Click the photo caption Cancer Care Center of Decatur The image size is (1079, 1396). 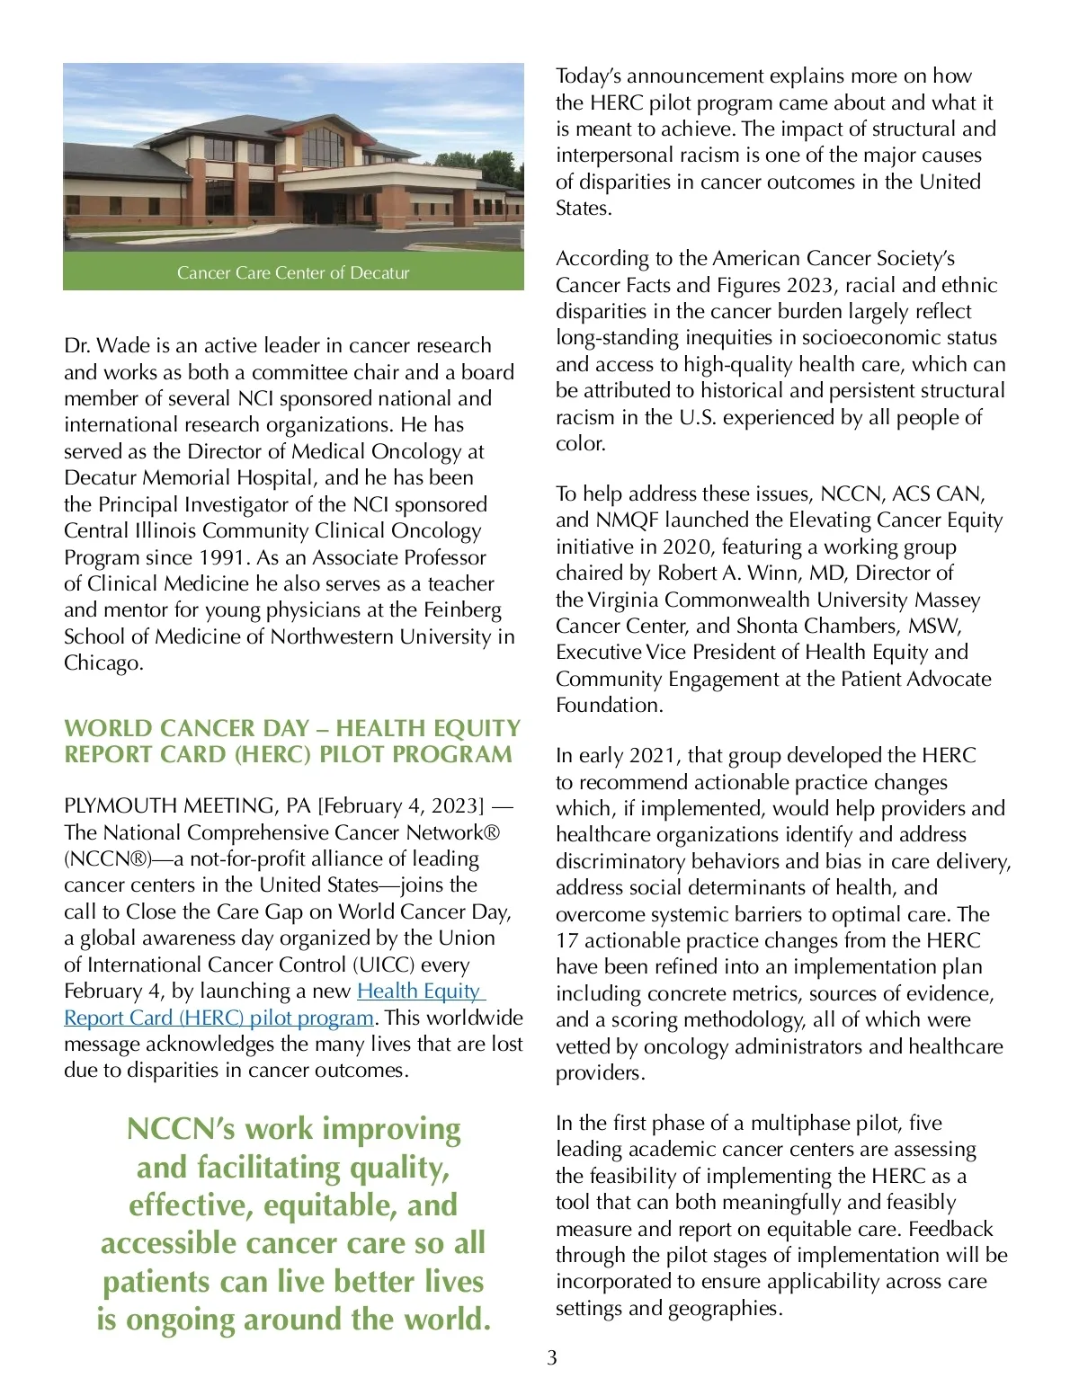tap(293, 272)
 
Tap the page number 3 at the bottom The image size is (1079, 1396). tap(552, 1357)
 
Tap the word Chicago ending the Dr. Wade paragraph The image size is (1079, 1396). tap(102, 663)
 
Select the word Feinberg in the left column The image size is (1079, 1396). tap(457, 610)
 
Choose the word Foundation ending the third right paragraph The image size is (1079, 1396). tap(608, 705)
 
